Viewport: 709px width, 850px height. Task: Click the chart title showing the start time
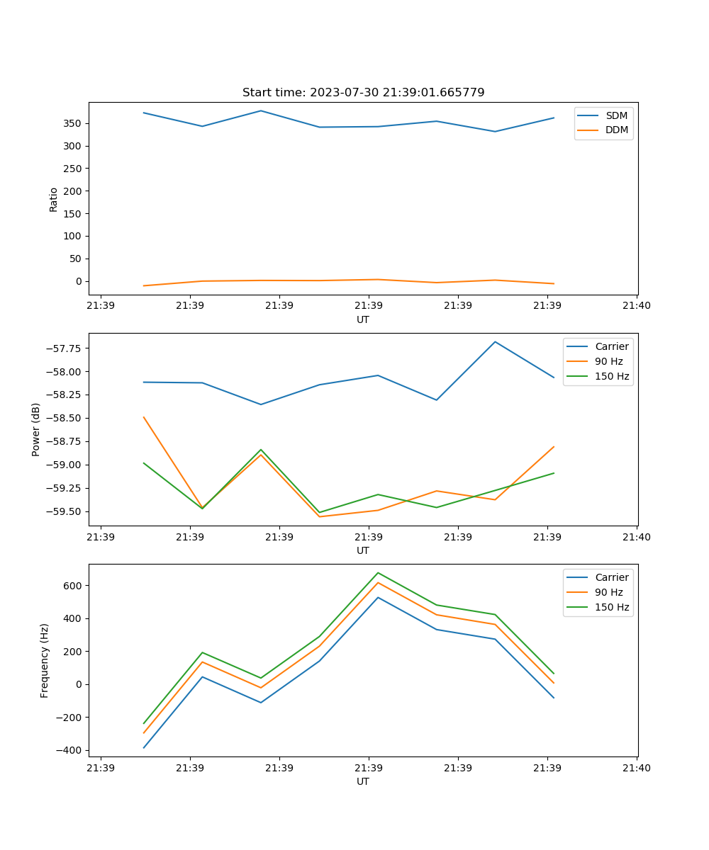click(x=363, y=93)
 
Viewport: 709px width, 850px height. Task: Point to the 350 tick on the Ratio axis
click(x=73, y=123)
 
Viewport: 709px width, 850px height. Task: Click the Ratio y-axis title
click(x=53, y=199)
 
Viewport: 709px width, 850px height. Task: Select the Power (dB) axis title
click(x=36, y=429)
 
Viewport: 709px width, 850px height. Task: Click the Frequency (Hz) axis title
click(x=45, y=660)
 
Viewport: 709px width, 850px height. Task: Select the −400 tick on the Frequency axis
click(x=69, y=750)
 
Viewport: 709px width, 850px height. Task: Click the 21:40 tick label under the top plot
click(x=636, y=306)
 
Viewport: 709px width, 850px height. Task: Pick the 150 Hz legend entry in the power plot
click(x=611, y=376)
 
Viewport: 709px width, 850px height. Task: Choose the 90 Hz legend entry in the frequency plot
click(x=609, y=592)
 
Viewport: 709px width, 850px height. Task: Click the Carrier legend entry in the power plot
click(x=611, y=346)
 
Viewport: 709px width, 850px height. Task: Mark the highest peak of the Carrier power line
click(x=495, y=341)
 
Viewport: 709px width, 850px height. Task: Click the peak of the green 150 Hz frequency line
click(x=378, y=572)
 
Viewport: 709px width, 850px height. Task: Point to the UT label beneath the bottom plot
click(x=363, y=781)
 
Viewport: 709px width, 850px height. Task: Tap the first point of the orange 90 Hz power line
click(x=144, y=417)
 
